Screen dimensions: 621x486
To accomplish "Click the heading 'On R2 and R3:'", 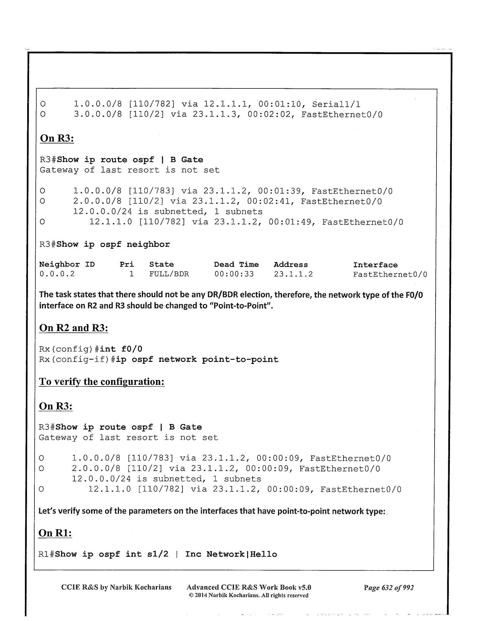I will [73, 328].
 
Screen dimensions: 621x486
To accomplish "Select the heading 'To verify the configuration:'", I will [102, 382].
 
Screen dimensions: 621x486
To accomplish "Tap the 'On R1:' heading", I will [55, 533].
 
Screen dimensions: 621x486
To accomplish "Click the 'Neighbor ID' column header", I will [67, 265].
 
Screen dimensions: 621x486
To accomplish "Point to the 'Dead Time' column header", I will [236, 265].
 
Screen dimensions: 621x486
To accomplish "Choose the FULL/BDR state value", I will [169, 274].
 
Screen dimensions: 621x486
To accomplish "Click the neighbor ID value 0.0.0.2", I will [57, 274].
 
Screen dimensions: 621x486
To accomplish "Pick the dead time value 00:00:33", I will [234, 274].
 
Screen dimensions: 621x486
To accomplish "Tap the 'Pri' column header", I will [127, 265].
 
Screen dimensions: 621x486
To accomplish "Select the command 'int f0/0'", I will [121, 349].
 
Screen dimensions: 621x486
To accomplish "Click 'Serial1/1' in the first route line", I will [336, 104].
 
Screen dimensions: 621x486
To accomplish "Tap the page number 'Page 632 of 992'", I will [389, 588].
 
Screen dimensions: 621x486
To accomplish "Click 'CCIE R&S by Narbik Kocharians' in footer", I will [116, 587].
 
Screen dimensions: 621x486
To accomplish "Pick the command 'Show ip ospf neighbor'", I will [113, 245].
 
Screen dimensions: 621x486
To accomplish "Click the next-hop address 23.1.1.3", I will [214, 115].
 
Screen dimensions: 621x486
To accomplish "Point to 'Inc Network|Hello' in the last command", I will [231, 554].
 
